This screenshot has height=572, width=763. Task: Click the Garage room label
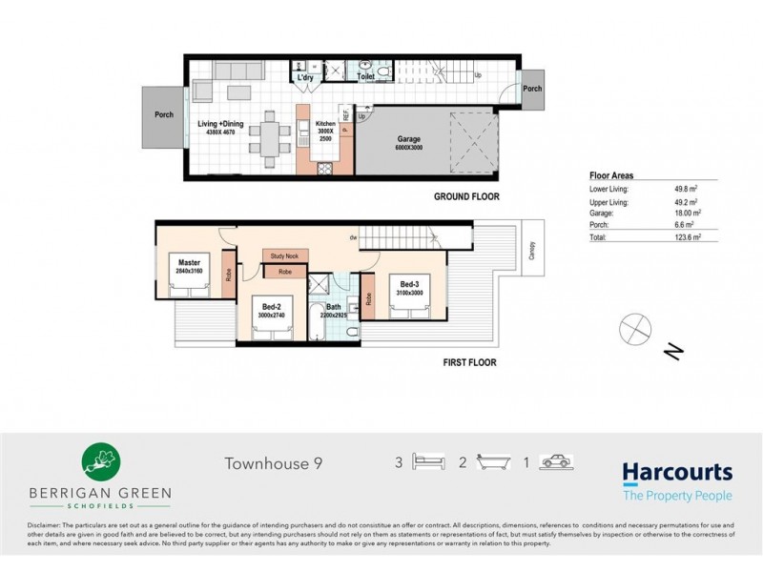408,139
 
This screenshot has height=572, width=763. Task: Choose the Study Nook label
285,256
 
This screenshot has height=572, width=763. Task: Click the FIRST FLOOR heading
470,362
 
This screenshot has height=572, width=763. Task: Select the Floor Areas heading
611,176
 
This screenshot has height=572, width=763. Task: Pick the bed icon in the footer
429,462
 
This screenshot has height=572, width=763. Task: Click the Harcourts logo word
677,473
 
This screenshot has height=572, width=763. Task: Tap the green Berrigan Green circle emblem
99,460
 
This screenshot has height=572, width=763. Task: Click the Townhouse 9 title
274,464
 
